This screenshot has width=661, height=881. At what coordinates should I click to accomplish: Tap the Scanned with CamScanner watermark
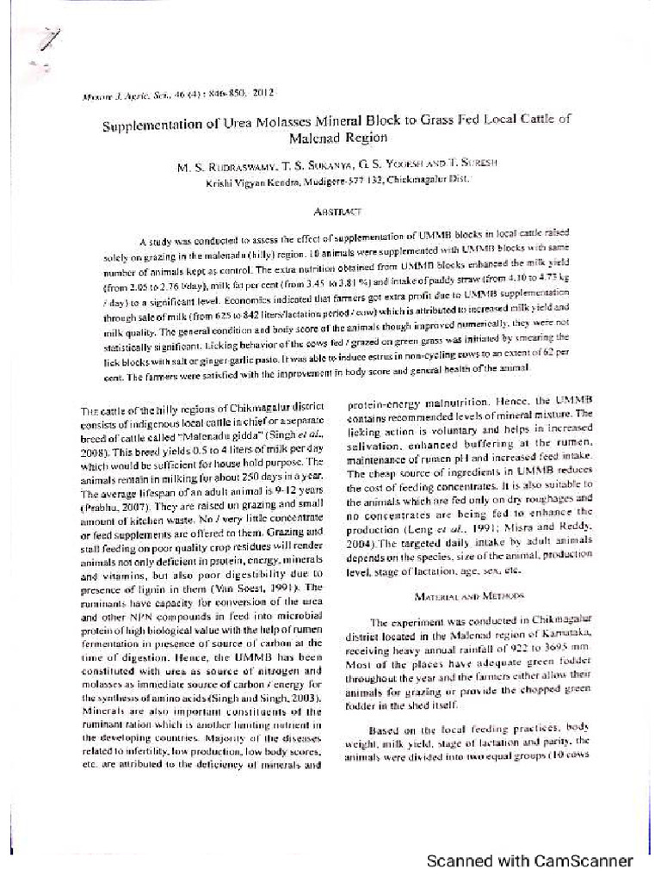[530, 860]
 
